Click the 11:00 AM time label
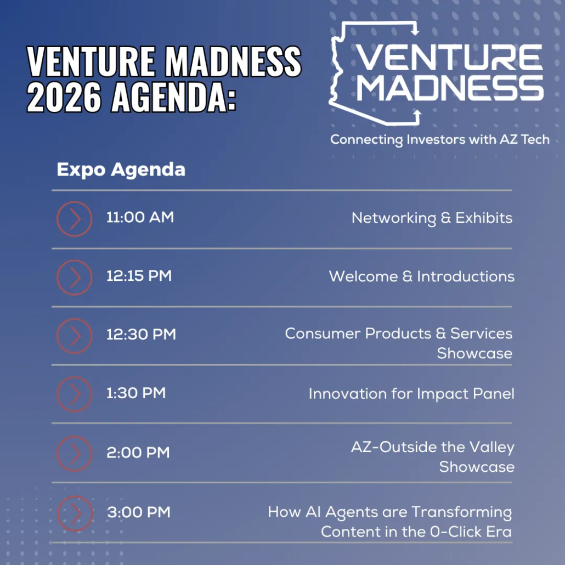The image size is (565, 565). [140, 217]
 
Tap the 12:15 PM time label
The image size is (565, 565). [139, 276]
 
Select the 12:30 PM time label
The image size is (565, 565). [141, 335]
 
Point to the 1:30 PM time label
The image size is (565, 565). [136, 393]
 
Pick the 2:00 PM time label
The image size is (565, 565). [138, 453]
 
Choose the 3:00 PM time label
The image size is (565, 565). [139, 512]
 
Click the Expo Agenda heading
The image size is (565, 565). [121, 170]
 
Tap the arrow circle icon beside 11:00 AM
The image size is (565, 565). [74, 219]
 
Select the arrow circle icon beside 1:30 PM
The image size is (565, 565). [74, 394]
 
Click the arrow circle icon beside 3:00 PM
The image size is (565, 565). [75, 513]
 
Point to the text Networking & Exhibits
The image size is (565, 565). [432, 218]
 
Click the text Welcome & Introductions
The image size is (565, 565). [422, 276]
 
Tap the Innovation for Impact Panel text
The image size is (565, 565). [411, 394]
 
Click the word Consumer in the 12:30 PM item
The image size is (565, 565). [323, 334]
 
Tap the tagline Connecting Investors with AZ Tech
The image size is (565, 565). [439, 140]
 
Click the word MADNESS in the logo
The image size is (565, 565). [450, 88]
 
